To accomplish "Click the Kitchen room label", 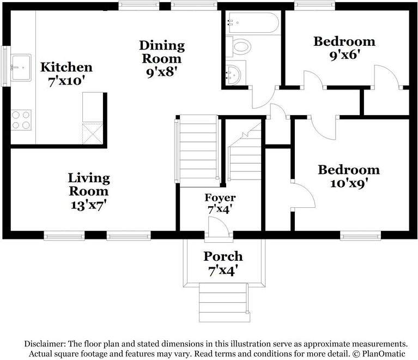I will (66, 68).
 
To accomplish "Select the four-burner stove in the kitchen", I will (21, 120).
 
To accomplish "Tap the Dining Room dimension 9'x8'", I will (162, 71).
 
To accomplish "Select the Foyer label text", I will (220, 197).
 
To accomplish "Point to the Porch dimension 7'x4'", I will (222, 270).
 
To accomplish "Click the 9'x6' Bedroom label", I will (344, 41).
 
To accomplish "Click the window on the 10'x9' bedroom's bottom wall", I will (360, 236).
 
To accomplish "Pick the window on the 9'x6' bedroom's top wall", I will (314, 6).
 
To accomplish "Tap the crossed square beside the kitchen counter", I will (93, 133).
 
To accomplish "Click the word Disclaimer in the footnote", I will (45, 344).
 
